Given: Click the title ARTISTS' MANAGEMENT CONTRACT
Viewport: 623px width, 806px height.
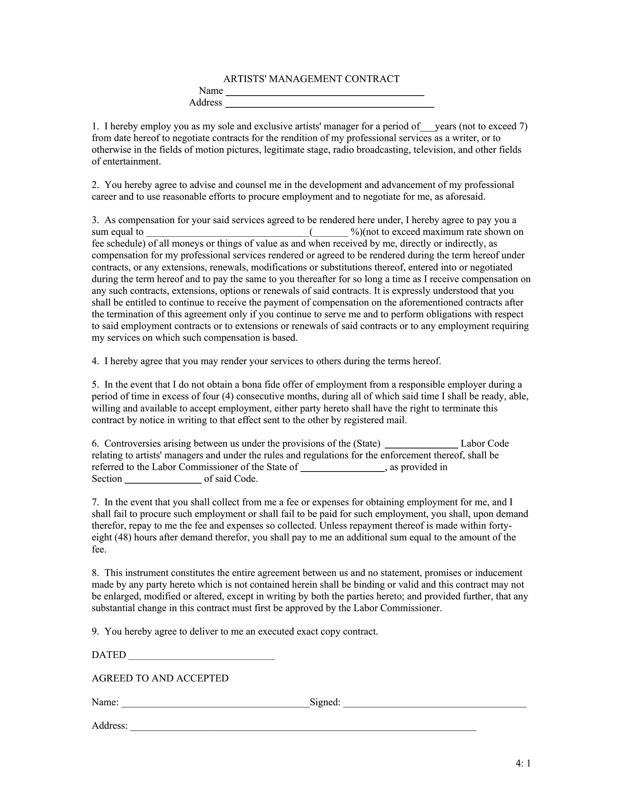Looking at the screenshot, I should tap(311, 79).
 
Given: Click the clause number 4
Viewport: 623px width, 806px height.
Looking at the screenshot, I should tap(95, 361).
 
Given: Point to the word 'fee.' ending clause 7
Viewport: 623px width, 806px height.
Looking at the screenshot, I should tap(99, 550).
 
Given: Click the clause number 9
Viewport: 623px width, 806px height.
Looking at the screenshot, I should tap(95, 632).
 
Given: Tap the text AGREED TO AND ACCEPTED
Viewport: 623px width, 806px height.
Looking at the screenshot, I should tap(160, 679).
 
